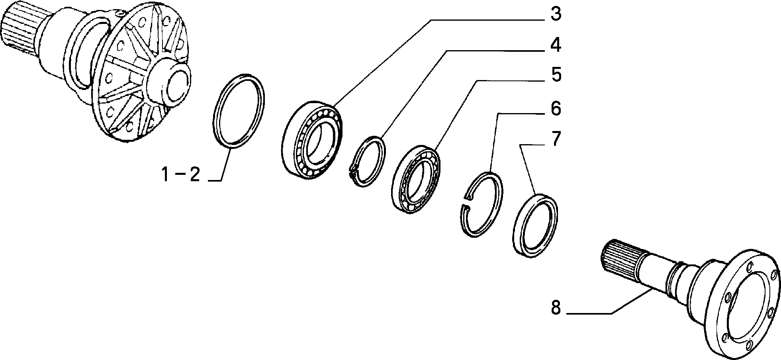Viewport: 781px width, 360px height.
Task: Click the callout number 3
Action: pos(556,14)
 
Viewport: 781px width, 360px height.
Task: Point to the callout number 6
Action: pos(556,109)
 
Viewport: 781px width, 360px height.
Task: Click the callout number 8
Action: pos(556,308)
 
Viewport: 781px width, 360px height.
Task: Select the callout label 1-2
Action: pos(180,175)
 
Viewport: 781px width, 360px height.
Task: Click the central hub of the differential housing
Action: pos(169,84)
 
